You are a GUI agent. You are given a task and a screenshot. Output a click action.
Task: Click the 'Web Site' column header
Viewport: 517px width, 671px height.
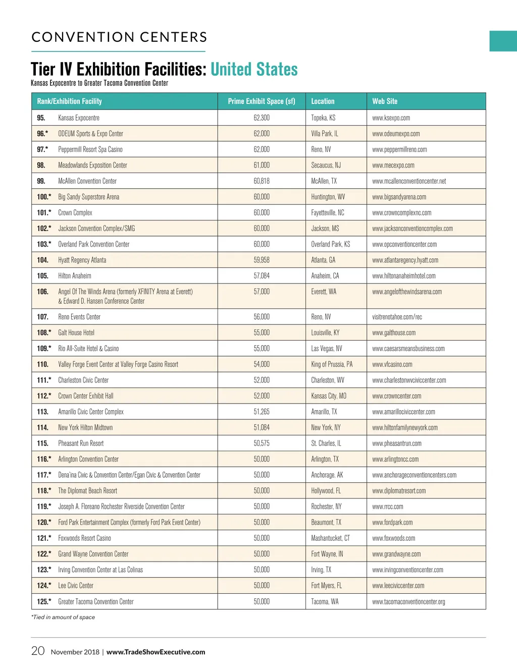click(x=385, y=101)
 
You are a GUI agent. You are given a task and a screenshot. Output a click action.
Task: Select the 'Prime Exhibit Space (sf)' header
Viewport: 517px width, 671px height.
click(x=262, y=101)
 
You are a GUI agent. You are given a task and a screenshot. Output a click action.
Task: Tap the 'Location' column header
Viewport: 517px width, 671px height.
click(x=323, y=101)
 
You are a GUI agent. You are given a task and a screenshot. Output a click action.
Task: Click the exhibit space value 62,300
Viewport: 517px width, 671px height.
click(x=262, y=118)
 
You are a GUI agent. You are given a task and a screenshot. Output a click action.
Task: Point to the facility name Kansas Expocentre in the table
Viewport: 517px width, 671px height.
click(x=79, y=118)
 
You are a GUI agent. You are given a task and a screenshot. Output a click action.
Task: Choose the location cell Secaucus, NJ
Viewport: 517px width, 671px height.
click(x=326, y=165)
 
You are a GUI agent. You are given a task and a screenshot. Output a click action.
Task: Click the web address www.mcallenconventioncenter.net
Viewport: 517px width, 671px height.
click(x=409, y=181)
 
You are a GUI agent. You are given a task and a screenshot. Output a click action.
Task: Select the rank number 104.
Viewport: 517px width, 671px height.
click(x=42, y=260)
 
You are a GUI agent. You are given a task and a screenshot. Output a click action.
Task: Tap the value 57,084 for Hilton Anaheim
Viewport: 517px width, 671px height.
click(x=262, y=276)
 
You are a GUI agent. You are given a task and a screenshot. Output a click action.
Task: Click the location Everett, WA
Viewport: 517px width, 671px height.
click(x=324, y=292)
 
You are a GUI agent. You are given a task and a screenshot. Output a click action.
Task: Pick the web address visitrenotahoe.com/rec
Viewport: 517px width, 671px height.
click(x=397, y=317)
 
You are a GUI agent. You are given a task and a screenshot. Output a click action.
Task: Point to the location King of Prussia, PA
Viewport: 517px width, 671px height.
click(x=332, y=364)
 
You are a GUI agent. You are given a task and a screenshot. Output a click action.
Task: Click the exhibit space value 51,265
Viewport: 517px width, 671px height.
click(x=262, y=412)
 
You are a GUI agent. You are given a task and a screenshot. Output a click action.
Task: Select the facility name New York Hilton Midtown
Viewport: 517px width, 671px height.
click(x=85, y=428)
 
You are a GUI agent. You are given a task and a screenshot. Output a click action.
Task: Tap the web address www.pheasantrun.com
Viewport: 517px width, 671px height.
click(x=397, y=443)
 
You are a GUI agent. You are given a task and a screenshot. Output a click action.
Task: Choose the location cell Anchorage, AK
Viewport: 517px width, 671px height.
click(x=327, y=475)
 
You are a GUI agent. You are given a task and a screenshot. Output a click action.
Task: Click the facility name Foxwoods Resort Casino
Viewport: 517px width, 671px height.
click(x=84, y=538)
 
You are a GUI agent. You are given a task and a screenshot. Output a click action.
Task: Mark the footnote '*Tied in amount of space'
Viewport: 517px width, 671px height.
click(x=63, y=617)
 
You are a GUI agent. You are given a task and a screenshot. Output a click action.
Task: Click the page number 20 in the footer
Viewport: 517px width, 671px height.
click(x=38, y=651)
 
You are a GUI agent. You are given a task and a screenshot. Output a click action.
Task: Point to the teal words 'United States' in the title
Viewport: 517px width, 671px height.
click(x=254, y=69)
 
